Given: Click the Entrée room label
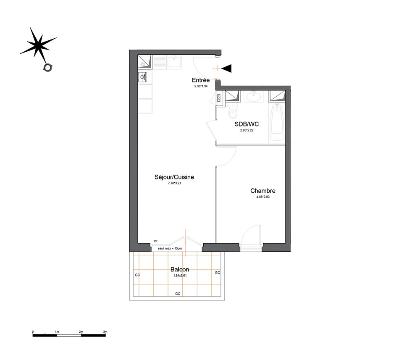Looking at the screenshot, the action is coord(201,80).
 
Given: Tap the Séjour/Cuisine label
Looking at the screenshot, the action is coord(174,177).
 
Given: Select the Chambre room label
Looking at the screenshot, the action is coord(263,191).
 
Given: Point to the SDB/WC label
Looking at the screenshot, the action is coord(247,124).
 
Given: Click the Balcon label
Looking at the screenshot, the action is coord(180,269).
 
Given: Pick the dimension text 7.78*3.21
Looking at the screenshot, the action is coord(174,183).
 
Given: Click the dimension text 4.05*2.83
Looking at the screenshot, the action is coord(263,197).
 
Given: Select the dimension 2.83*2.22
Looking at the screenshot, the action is coord(247,130).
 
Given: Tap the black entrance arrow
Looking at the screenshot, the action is coord(227,68).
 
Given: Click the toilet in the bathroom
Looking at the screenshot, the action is coord(233,111).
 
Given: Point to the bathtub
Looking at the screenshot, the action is coord(277,122).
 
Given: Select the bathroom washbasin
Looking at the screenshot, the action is coord(253,96).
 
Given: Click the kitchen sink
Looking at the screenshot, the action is coord(174,62).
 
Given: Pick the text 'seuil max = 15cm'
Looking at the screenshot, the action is coord(170,248).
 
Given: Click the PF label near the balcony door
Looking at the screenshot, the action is coord(155,242).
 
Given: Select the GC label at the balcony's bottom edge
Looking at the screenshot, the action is coord(178,294).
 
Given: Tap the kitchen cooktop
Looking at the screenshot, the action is coord(143,76).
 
